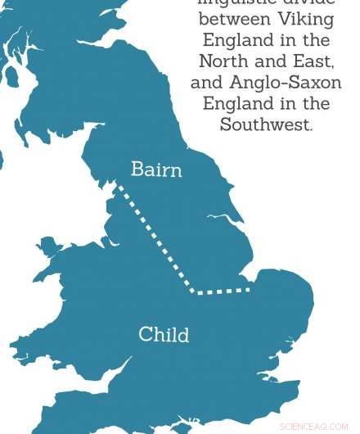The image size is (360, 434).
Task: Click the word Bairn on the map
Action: pos(156,170)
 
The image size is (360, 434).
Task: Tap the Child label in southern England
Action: pos(164,334)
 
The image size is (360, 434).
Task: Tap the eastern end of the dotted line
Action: pos(249,289)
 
